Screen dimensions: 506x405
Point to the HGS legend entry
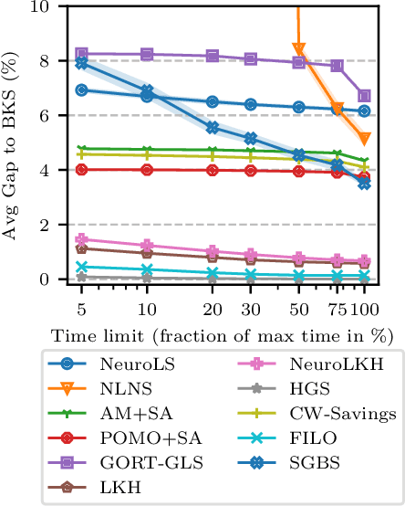coord(289,389)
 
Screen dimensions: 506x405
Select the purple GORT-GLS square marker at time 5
coord(82,54)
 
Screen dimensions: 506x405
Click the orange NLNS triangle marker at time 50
coord(298,50)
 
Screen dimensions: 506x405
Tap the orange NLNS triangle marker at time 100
coord(365,139)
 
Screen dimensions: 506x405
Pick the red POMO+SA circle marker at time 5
coord(82,169)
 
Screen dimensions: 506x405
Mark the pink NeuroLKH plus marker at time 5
coord(82,239)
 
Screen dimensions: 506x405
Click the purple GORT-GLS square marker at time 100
coord(365,96)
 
